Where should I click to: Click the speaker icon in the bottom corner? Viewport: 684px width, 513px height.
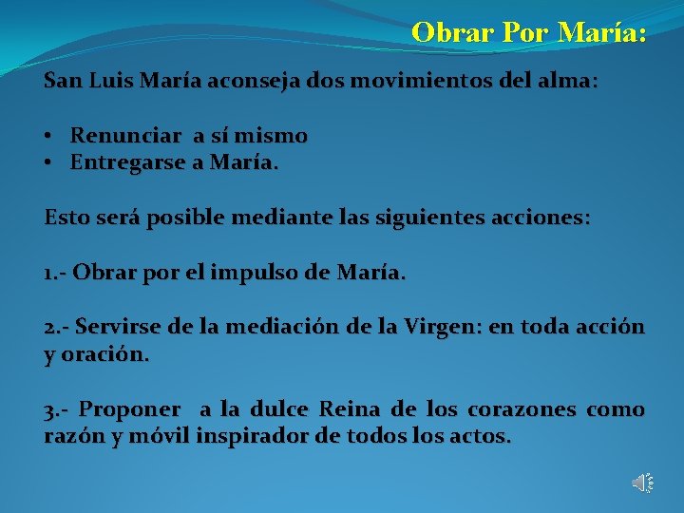click(642, 483)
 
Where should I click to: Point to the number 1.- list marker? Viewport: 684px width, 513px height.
click(55, 273)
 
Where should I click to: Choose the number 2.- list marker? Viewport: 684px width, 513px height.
click(57, 328)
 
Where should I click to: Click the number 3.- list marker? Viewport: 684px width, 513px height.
click(57, 409)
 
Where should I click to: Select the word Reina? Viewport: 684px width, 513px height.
click(351, 409)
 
